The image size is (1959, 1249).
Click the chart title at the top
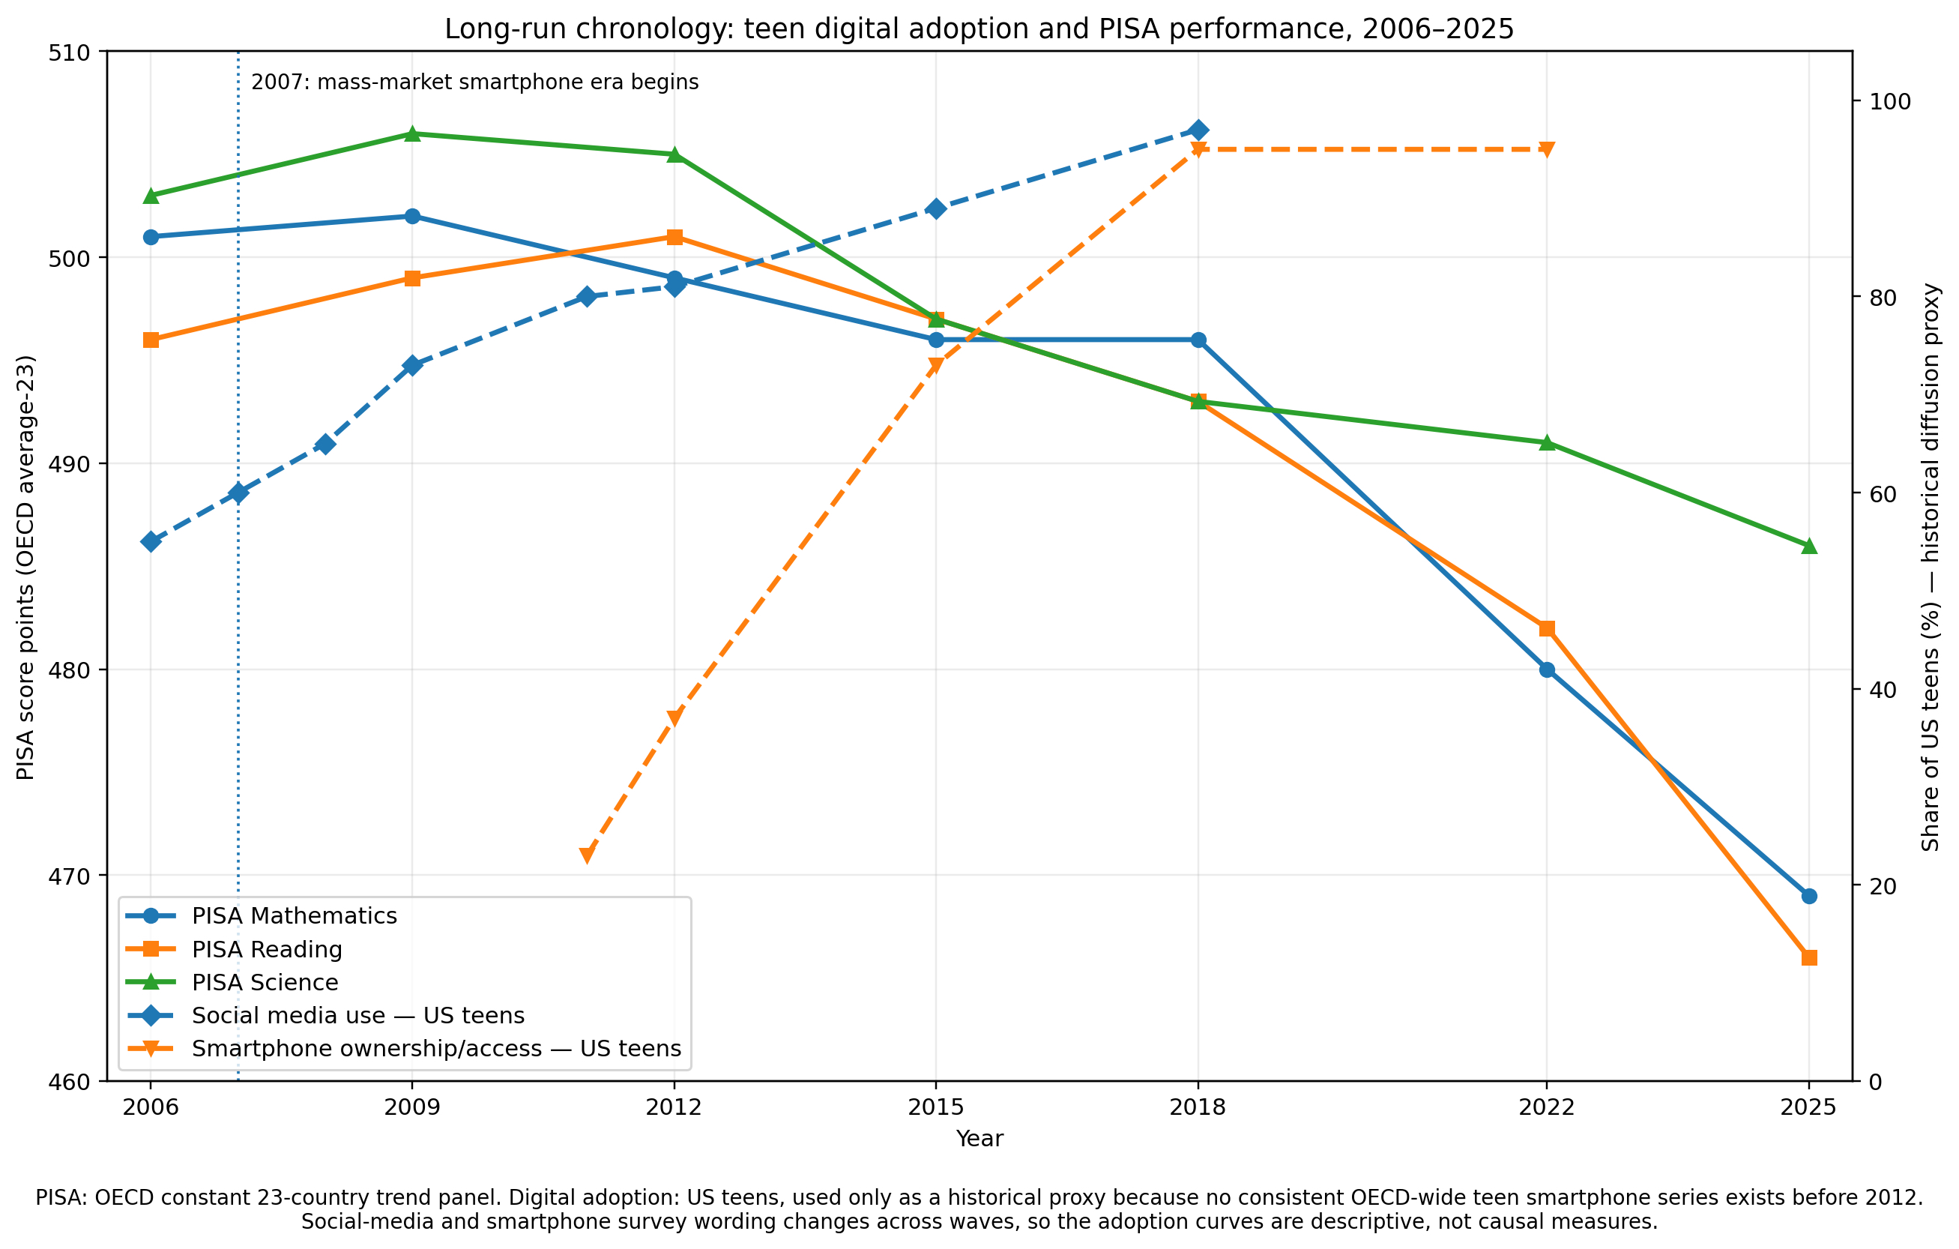[x=979, y=29]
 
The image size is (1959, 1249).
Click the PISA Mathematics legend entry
[x=261, y=915]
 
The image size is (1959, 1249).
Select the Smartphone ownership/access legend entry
[x=403, y=1048]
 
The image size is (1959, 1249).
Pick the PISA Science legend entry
[x=232, y=982]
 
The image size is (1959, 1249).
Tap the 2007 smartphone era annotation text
[x=474, y=82]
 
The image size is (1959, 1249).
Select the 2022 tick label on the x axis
[x=1547, y=1107]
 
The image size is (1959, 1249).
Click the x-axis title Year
[x=979, y=1138]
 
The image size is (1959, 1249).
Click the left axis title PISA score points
[x=26, y=567]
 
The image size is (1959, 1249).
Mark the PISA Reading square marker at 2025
[x=1808, y=957]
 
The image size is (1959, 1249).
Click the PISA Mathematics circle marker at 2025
[x=1808, y=896]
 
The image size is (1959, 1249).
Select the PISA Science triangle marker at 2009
[x=412, y=133]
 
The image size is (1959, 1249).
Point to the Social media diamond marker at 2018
[x=1198, y=130]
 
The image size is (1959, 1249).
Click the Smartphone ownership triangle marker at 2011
[x=587, y=856]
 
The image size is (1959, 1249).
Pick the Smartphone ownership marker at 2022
[x=1547, y=150]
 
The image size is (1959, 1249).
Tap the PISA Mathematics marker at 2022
[x=1547, y=669]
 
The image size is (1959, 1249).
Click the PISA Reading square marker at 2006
[x=151, y=340]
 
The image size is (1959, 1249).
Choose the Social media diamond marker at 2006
[x=151, y=542]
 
